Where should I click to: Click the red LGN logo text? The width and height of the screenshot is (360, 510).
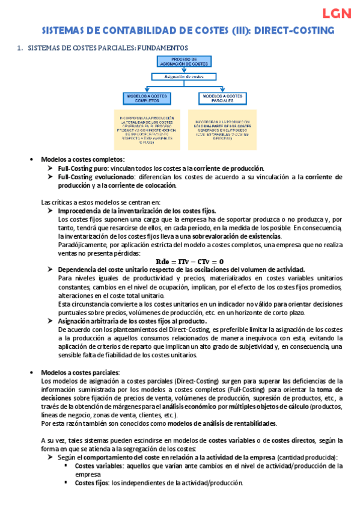coord(337,14)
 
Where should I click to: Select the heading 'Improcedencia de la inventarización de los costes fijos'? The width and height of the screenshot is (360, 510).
coord(136,211)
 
